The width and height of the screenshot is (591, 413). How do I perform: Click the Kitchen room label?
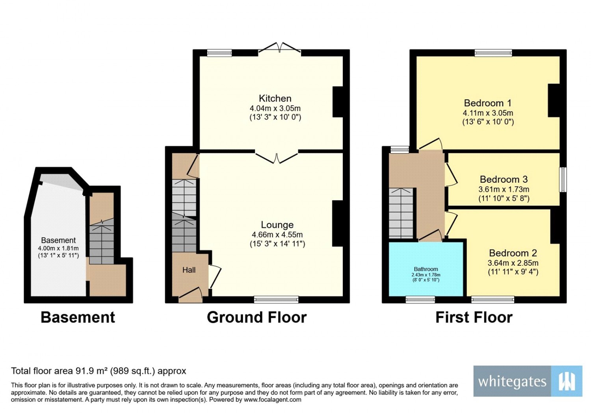[275, 98]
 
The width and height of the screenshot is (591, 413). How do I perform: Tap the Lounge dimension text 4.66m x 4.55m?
[277, 235]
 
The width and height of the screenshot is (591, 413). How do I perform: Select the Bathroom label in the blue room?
[426, 269]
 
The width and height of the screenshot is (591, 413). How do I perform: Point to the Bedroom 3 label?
[504, 179]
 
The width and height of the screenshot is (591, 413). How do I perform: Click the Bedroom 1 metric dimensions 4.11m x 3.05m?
[488, 113]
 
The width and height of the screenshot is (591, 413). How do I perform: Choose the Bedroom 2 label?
[513, 253]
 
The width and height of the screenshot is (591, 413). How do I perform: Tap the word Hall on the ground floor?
[189, 270]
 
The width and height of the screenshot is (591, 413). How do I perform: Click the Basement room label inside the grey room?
[58, 241]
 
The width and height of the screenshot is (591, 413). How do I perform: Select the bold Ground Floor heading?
[257, 317]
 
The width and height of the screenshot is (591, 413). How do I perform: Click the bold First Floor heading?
[474, 317]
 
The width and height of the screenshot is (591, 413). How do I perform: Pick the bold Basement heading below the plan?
[78, 317]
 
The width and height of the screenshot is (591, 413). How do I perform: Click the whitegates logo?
[528, 381]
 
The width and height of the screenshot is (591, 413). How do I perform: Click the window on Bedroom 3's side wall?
[563, 180]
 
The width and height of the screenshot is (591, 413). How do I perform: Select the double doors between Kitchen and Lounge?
[277, 157]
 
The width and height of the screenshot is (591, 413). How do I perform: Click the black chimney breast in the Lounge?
[337, 224]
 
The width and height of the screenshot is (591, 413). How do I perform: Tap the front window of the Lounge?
[276, 299]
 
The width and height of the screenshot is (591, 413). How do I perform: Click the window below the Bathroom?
[420, 299]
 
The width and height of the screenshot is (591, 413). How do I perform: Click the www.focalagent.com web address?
[272, 400]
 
